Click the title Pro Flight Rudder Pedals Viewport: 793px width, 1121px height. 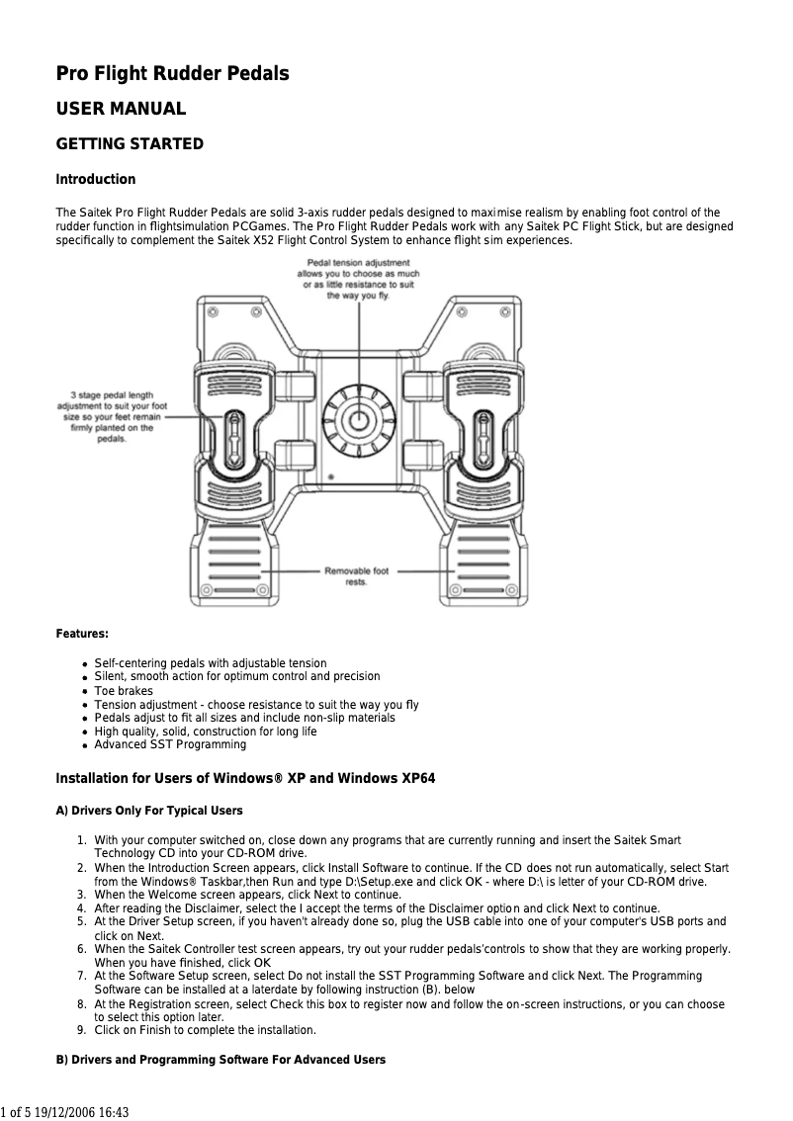point(172,74)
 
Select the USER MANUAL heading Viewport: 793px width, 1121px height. point(120,109)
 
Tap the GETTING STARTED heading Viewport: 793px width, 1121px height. point(130,144)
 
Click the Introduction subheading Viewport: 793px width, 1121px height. point(95,180)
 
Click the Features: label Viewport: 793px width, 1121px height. point(82,633)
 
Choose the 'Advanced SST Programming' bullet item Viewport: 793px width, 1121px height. point(170,744)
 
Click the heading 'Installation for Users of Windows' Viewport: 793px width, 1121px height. point(245,779)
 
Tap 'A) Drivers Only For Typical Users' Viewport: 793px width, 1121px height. point(149,811)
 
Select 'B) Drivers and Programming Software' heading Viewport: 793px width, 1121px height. point(220,1060)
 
